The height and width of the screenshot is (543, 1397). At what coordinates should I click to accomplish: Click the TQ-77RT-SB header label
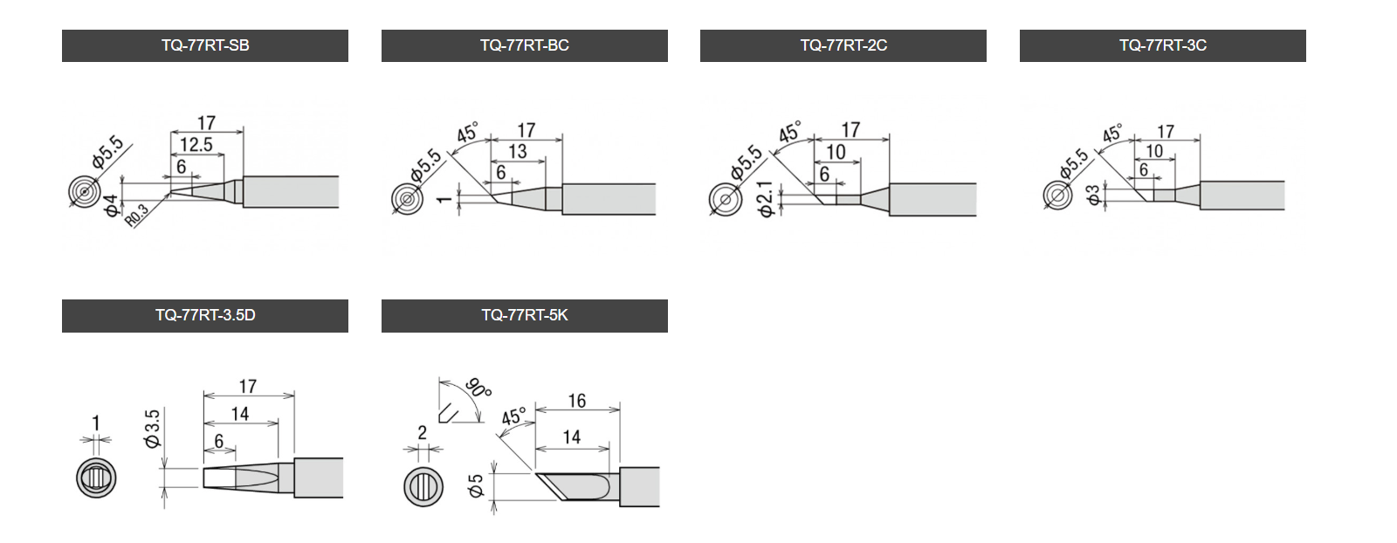click(205, 45)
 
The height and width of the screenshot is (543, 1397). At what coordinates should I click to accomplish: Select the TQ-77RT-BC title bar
click(525, 45)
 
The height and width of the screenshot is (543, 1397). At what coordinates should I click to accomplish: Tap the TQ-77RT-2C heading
click(843, 45)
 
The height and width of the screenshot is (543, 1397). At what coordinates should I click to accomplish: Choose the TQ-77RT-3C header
click(1162, 45)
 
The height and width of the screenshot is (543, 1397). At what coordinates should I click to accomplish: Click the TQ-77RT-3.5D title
click(205, 315)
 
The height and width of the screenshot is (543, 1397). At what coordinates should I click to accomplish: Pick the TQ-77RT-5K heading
click(525, 315)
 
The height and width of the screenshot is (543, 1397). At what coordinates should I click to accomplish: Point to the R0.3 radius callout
click(137, 215)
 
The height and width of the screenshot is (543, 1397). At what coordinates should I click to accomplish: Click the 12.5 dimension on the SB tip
click(196, 145)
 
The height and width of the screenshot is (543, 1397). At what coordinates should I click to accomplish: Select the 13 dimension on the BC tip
click(518, 152)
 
